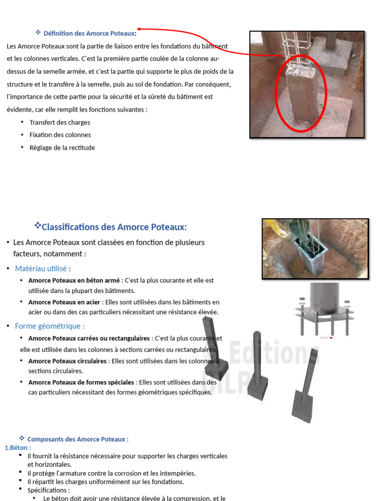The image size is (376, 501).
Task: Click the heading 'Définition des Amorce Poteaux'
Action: [x=90, y=34]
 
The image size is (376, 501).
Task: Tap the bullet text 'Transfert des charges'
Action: [x=60, y=122]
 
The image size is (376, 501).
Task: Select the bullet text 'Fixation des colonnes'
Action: [x=60, y=135]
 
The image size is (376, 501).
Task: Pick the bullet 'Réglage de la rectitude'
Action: [x=62, y=148]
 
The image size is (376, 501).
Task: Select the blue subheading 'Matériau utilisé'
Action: [x=41, y=269]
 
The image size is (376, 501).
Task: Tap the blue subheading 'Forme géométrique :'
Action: [x=49, y=326]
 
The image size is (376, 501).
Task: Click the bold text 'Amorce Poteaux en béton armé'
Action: [x=74, y=281]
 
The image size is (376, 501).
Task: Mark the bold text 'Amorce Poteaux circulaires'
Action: [x=68, y=361]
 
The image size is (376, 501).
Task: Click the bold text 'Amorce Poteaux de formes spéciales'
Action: [x=81, y=383]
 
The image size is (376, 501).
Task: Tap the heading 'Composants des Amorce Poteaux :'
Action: [x=78, y=439]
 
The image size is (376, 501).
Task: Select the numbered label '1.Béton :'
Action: [x=18, y=448]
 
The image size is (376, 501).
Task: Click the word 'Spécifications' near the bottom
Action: [x=48, y=490]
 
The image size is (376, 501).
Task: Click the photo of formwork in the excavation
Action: [x=315, y=249]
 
